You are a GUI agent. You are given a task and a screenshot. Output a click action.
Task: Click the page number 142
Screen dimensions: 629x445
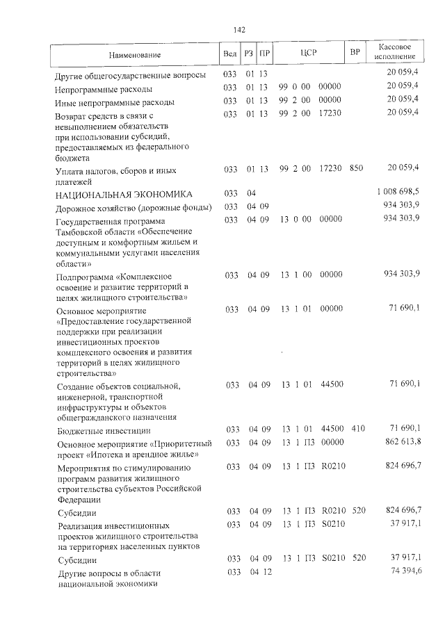pos(239,29)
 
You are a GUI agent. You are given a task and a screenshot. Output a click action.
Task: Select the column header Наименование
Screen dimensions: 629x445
pos(134,54)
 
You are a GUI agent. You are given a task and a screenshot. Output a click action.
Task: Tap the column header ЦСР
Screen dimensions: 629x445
pos(309,53)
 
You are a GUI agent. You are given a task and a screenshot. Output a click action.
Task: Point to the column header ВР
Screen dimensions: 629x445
pos(355,53)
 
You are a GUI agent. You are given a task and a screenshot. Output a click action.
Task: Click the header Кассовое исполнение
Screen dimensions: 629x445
pos(394,53)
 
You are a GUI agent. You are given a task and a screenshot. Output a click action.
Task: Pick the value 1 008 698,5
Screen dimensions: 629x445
pos(398,192)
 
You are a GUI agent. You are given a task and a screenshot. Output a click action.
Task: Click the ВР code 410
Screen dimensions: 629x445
pos(357,429)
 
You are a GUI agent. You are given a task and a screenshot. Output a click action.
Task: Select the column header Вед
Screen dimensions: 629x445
pos(230,54)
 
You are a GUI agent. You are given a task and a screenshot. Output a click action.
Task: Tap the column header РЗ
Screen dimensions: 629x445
pos(249,54)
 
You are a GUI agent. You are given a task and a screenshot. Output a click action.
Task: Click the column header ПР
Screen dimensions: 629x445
pos(264,54)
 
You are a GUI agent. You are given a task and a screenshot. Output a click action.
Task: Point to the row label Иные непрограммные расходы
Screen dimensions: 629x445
pos(115,102)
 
